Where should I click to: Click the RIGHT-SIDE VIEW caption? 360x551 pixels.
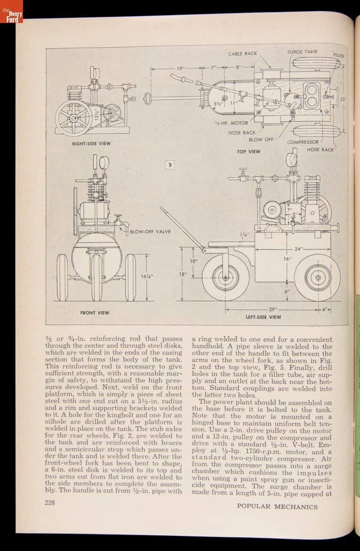point(91,144)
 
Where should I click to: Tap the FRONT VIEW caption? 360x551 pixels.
point(95,313)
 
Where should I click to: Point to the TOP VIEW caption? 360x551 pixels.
point(248,152)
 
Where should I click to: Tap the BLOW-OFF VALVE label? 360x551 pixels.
point(150,231)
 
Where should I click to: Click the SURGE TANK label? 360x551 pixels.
point(302,52)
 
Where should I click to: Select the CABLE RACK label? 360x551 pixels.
point(242,54)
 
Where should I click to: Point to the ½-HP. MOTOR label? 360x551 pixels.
point(231,123)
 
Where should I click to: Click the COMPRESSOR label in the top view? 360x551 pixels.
point(303,142)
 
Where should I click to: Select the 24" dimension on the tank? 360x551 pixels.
point(299,249)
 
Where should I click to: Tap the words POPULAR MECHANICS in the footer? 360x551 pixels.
point(277,507)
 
